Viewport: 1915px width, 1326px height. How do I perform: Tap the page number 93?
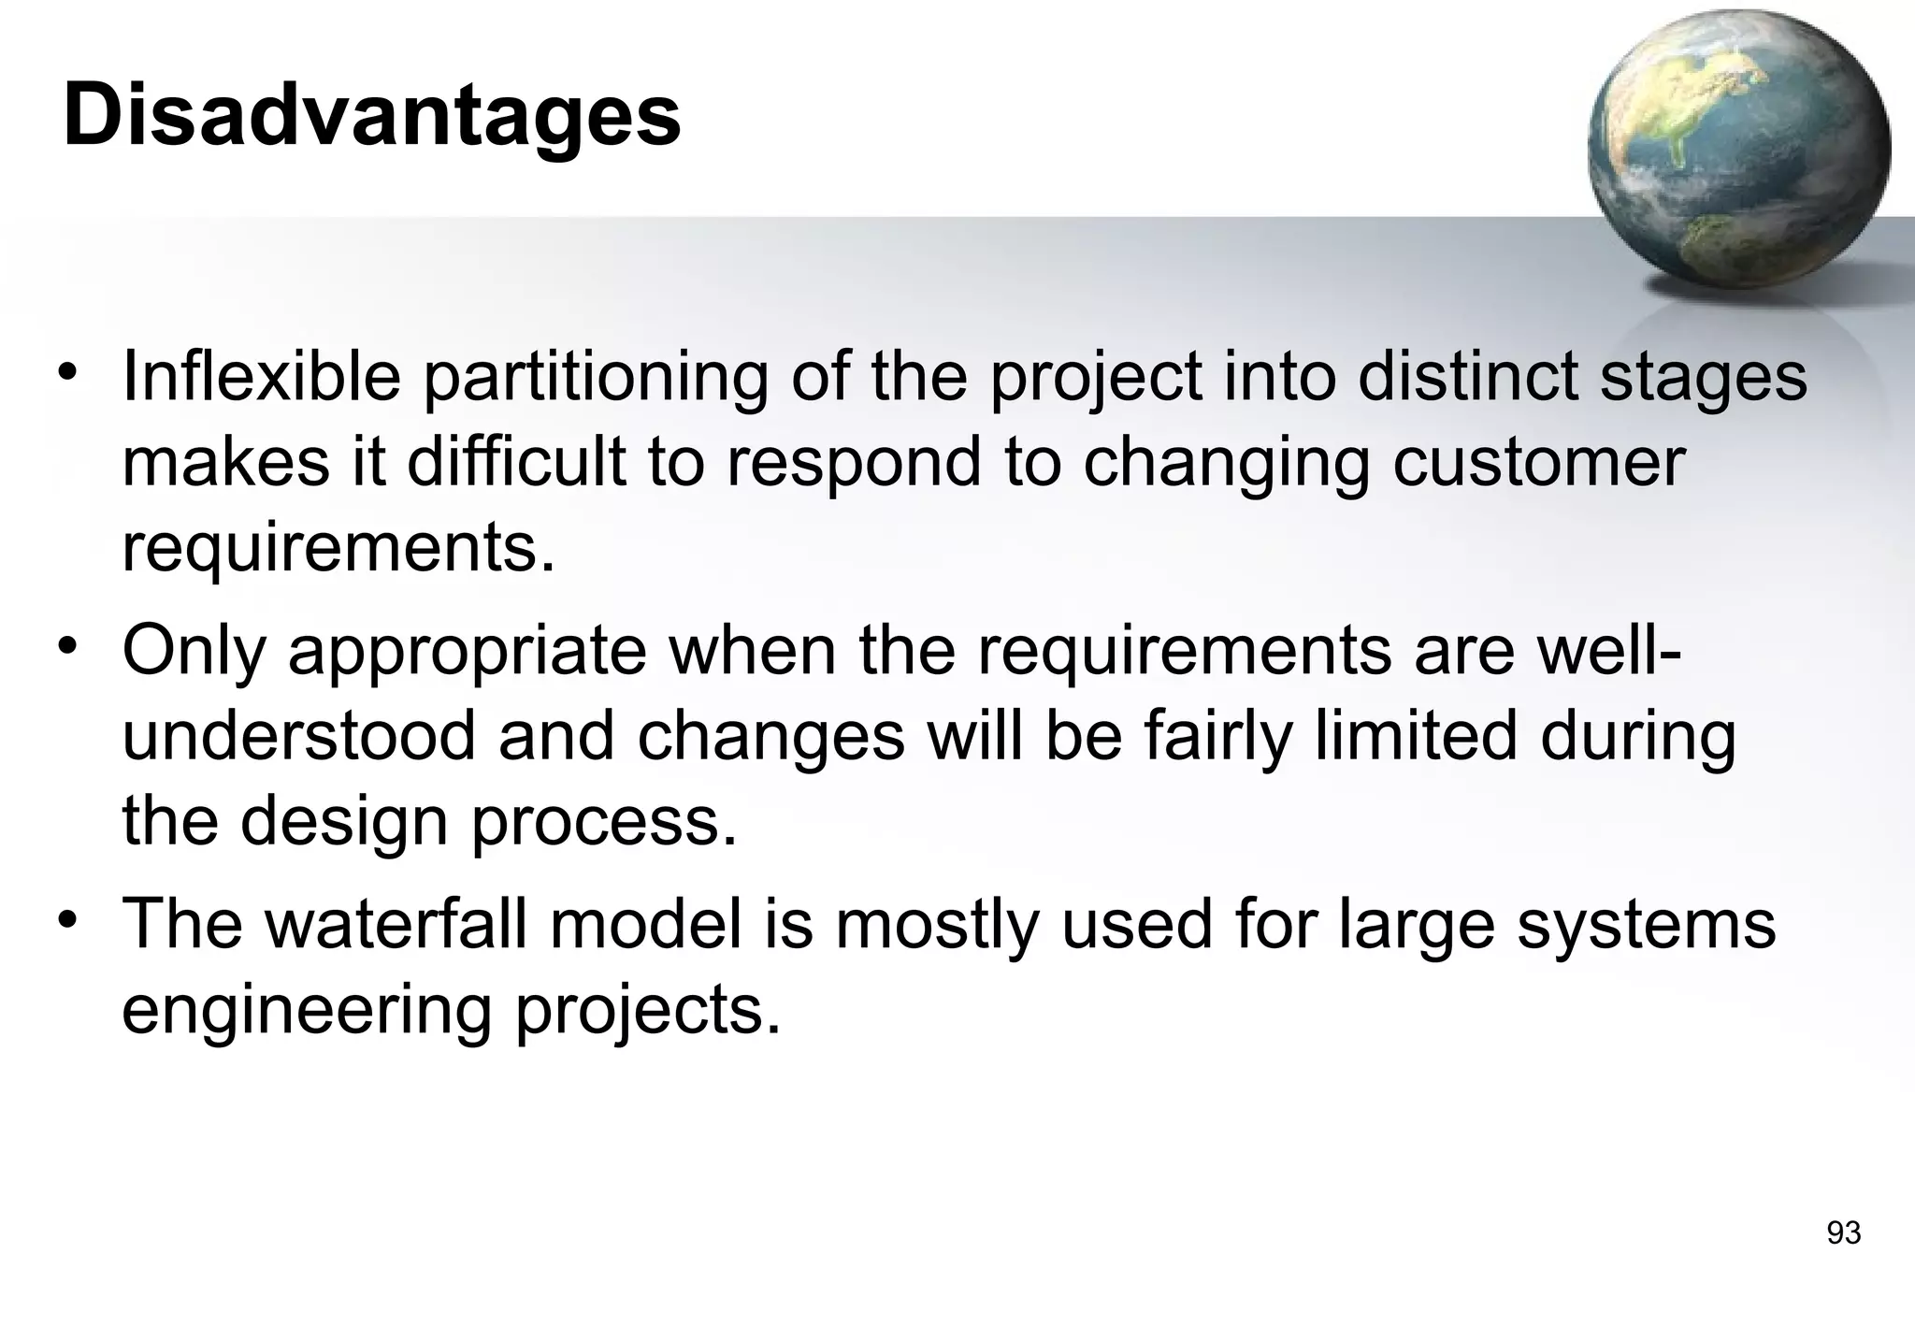point(1843,1233)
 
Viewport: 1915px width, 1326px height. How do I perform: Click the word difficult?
point(516,462)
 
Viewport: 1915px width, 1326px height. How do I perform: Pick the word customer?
point(1539,462)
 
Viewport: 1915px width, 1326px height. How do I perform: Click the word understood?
point(298,735)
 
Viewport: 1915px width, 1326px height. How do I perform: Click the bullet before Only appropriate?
point(66,646)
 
